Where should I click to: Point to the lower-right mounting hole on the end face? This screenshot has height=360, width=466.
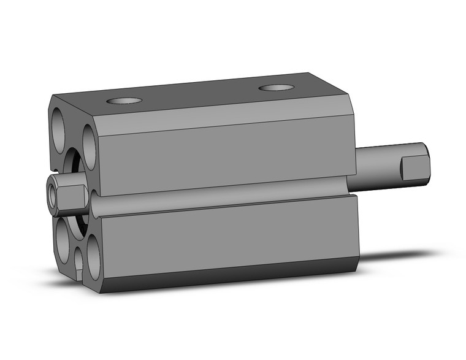click(x=94, y=256)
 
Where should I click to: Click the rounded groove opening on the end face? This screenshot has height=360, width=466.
click(x=94, y=200)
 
